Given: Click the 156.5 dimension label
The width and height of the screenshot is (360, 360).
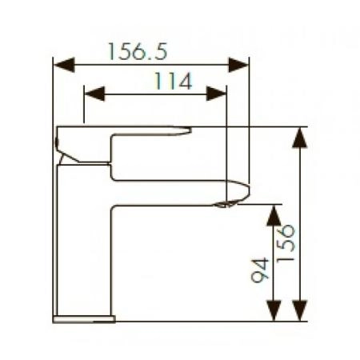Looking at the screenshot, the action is [x=138, y=51].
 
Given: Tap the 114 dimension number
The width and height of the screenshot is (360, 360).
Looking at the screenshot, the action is [x=174, y=81].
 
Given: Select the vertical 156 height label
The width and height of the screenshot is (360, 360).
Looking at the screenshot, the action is [x=286, y=243].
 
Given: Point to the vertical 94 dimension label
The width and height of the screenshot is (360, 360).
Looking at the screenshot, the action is [x=260, y=270].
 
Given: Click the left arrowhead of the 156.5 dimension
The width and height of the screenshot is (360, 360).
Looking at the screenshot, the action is [x=64, y=65].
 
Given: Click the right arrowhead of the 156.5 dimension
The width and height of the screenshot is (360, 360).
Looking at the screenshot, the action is [x=238, y=65].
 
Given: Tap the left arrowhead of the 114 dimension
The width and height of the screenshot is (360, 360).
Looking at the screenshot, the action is [x=94, y=94].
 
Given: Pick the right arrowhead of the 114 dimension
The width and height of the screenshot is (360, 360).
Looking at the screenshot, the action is [x=216, y=94].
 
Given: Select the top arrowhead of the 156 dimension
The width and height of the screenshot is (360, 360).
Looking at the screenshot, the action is [x=300, y=138].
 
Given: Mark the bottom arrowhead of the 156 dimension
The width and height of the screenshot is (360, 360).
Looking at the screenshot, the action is [x=300, y=310].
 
